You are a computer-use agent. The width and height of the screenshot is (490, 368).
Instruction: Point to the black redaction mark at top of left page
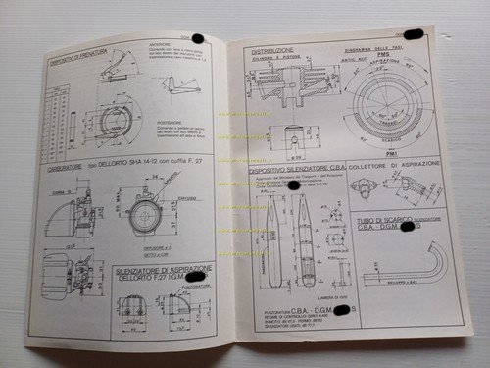coord(197,38)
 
